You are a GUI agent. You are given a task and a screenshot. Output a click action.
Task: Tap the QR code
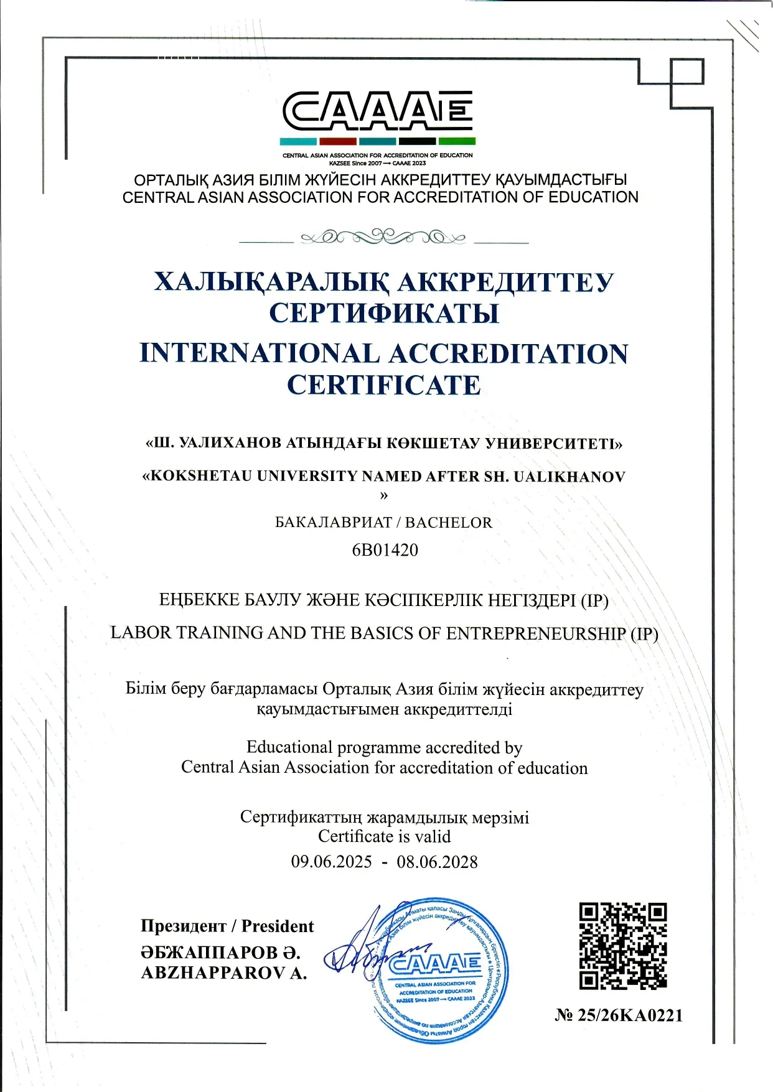(x=623, y=946)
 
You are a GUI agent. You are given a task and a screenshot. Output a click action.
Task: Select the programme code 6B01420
(x=385, y=550)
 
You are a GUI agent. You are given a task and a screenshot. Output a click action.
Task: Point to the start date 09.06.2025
(x=331, y=862)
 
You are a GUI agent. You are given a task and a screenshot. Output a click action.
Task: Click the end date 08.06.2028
(x=437, y=862)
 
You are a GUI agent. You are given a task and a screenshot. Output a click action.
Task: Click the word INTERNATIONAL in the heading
(x=260, y=353)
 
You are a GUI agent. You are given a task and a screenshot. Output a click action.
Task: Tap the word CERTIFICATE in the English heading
(x=384, y=385)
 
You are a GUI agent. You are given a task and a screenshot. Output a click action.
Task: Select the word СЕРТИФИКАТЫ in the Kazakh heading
(x=384, y=313)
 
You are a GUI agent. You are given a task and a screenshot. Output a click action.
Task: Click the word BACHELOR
(x=449, y=523)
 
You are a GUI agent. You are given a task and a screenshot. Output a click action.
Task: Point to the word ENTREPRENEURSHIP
(x=536, y=633)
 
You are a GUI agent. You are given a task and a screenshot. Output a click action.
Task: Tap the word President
(x=278, y=926)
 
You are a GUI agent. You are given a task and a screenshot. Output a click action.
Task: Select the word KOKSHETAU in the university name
(x=201, y=477)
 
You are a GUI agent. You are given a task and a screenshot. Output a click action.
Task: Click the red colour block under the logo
(x=337, y=141)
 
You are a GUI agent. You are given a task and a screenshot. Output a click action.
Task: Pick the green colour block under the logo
(x=457, y=141)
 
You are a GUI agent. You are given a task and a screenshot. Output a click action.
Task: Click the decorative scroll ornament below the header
(x=383, y=237)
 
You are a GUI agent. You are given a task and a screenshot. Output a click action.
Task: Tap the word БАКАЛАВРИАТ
(x=334, y=523)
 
